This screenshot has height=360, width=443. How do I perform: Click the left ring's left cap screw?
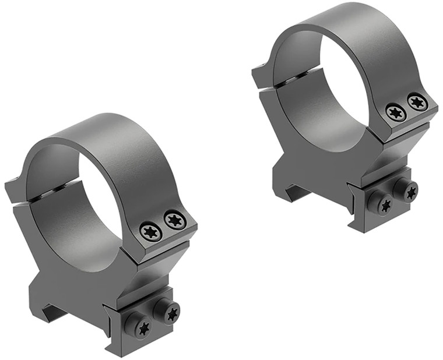[150, 232]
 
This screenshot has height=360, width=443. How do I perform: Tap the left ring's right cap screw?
[174, 220]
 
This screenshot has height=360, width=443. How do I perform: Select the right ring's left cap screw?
[396, 112]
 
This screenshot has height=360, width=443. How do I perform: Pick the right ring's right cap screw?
[417, 102]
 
